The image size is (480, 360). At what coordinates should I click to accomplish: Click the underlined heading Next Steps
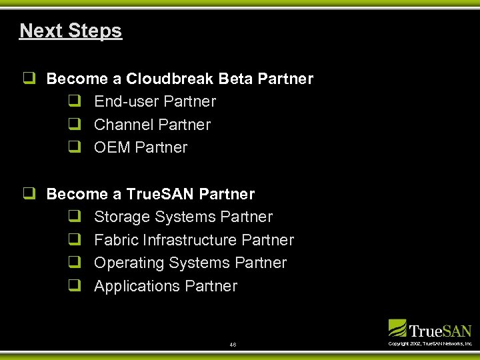point(71,31)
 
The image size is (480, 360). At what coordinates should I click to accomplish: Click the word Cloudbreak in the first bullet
point(169,79)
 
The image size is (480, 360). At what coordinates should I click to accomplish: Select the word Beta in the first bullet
point(236,79)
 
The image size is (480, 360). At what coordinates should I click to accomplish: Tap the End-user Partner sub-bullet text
point(155,101)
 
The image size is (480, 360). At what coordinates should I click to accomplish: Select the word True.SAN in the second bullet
point(160,194)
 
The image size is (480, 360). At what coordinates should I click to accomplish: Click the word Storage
point(122,217)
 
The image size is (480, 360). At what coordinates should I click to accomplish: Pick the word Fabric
point(113,240)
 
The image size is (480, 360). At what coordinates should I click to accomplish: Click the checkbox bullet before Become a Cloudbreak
point(29,79)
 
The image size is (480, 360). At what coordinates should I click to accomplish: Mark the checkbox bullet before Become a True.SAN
point(29,194)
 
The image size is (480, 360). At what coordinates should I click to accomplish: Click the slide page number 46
point(232,345)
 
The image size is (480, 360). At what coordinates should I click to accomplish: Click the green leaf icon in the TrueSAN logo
point(397,328)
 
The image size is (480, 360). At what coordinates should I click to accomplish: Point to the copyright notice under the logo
point(430,343)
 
